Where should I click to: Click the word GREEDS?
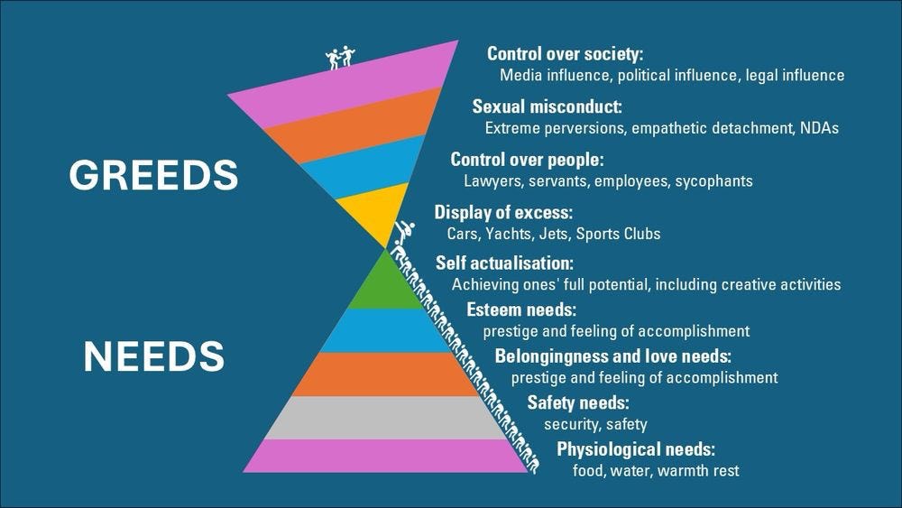pos(153,175)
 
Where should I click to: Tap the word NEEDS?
pos(153,356)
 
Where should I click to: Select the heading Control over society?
pos(565,53)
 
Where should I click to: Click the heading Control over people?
pos(527,160)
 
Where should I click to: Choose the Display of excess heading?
pos(503,213)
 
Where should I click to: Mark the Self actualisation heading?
pos(504,263)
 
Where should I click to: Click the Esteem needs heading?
pos(514,309)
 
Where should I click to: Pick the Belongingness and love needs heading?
pos(612,356)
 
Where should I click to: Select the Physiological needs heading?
pos(636,449)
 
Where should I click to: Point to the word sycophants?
pos(713,180)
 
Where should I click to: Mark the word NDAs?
pos(819,128)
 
